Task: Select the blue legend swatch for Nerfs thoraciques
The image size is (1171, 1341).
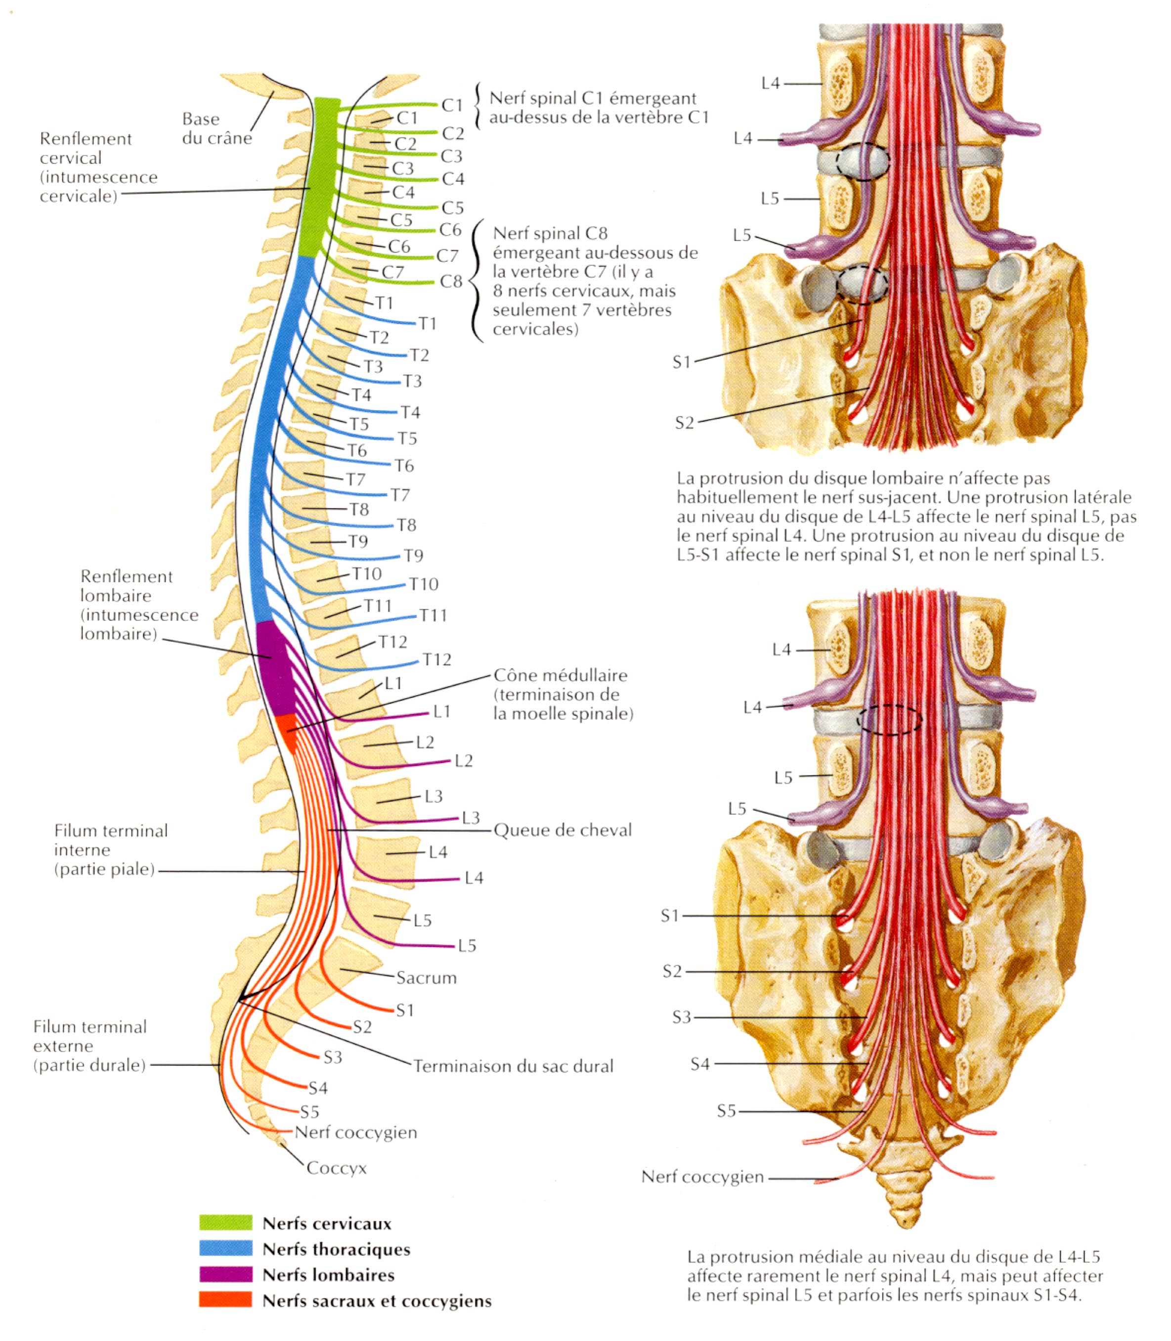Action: tap(225, 1248)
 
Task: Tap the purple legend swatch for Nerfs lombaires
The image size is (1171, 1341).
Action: tap(225, 1274)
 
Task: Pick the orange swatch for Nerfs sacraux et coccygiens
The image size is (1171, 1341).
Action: tap(225, 1300)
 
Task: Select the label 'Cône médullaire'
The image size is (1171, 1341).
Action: tap(560, 675)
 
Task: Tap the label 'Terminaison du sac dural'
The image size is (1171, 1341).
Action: tap(514, 1066)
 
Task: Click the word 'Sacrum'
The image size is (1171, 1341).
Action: tap(426, 978)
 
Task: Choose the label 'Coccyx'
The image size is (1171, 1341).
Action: tap(337, 1168)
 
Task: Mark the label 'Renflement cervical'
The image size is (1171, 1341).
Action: tap(86, 148)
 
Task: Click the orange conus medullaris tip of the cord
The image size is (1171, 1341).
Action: tap(286, 731)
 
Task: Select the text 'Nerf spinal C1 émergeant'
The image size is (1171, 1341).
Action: tap(593, 99)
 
